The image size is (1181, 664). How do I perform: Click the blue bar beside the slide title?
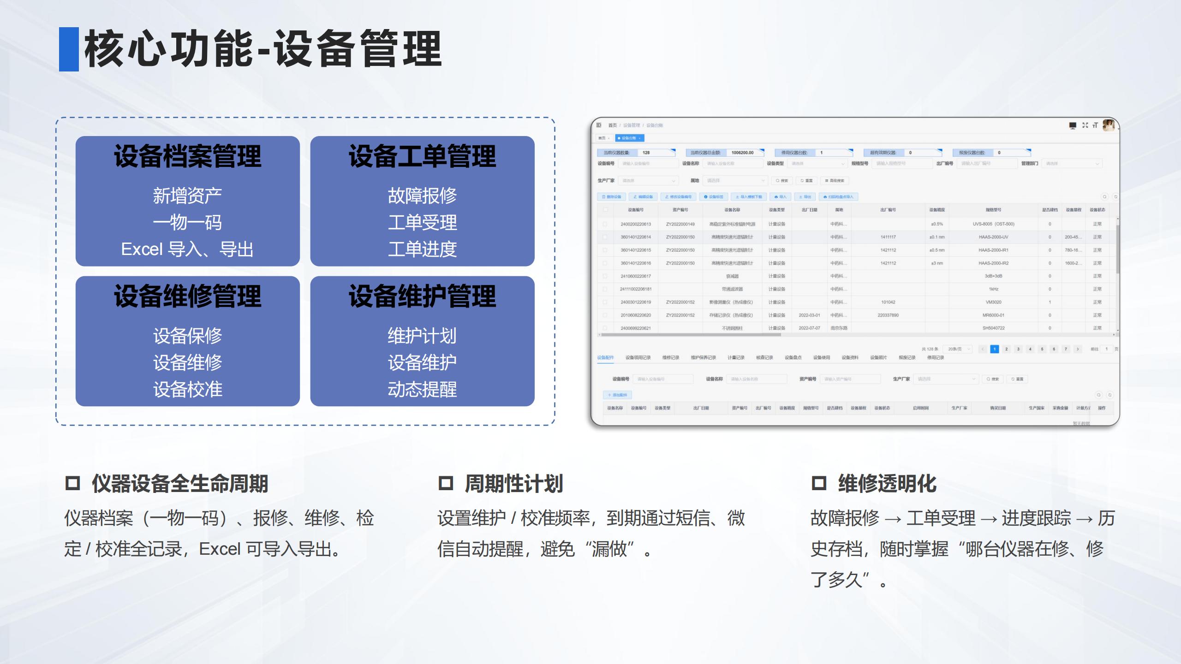tap(69, 49)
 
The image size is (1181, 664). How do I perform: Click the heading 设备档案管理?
tap(187, 156)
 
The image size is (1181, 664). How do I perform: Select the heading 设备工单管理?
tap(422, 156)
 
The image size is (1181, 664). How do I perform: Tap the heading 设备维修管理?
tap(187, 296)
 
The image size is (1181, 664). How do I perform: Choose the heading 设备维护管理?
tap(422, 296)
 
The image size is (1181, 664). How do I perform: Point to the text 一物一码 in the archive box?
tap(187, 223)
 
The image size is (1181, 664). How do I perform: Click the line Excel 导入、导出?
tap(187, 249)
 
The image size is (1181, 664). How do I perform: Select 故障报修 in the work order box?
tap(422, 196)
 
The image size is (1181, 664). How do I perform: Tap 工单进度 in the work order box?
tap(422, 249)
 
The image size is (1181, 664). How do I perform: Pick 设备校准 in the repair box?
tap(187, 390)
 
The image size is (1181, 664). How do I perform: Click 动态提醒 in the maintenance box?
tap(422, 390)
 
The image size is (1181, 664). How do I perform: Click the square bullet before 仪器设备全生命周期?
tap(73, 483)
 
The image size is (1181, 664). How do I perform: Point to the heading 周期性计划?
tap(514, 484)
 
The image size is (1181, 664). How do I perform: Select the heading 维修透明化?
tap(887, 484)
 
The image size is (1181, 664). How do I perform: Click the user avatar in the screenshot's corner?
tap(1108, 125)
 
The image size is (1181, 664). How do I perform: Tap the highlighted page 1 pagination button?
tap(995, 349)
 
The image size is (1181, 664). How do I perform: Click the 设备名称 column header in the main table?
tap(732, 210)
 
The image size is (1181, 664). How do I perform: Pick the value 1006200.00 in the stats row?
tap(742, 153)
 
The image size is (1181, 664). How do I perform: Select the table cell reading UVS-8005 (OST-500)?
tap(993, 224)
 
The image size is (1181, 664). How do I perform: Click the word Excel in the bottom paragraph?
tap(220, 549)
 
